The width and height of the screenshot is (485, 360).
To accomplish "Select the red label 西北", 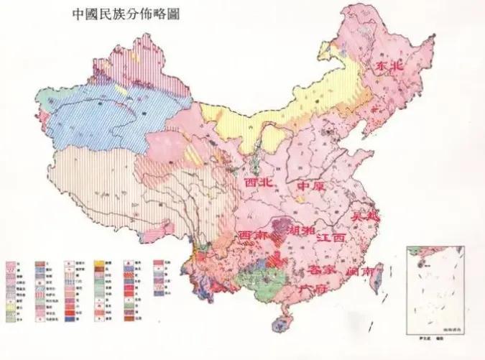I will pos(259,185).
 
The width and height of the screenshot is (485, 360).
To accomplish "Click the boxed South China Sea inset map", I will pos(432,282).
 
